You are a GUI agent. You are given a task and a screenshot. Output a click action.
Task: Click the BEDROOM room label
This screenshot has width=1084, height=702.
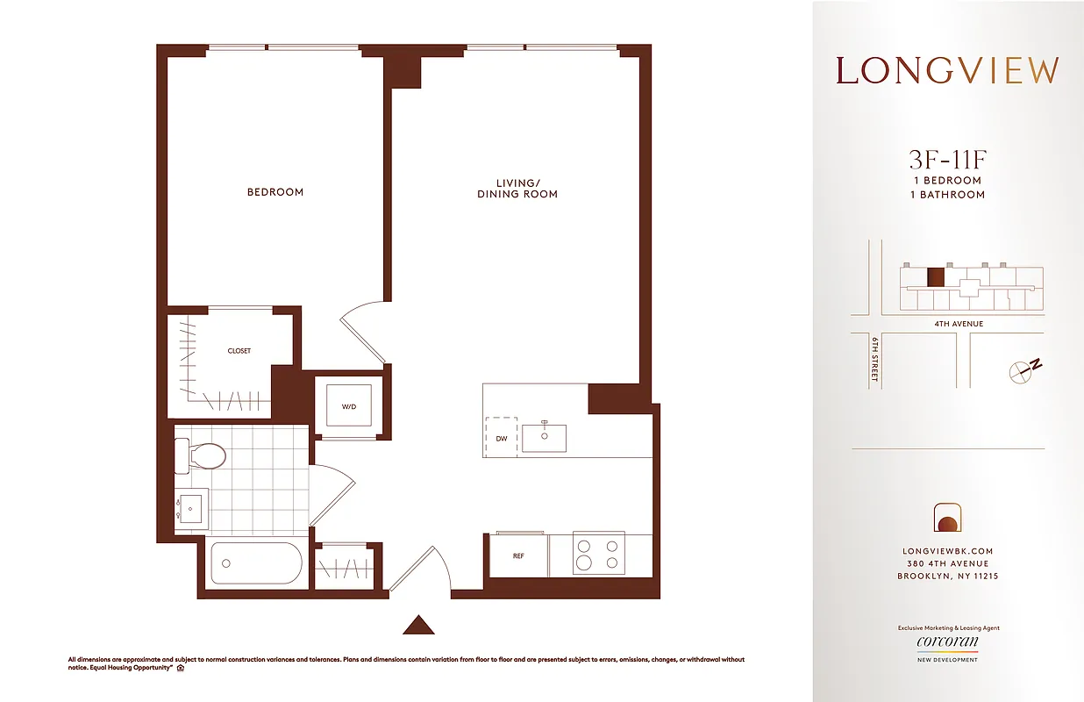tap(275, 192)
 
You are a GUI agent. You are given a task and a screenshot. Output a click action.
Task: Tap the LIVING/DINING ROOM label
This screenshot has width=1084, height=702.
tap(517, 189)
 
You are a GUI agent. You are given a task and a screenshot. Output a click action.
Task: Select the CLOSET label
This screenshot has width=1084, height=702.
tap(239, 351)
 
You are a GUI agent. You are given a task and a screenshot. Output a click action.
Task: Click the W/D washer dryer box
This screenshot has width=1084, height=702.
tap(348, 406)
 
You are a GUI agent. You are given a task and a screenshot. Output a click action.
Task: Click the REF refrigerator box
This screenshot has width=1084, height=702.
tap(518, 555)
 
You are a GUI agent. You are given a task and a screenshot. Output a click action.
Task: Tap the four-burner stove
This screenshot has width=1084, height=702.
tap(598, 553)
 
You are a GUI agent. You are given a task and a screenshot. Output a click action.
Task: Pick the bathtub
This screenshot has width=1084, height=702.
tap(255, 563)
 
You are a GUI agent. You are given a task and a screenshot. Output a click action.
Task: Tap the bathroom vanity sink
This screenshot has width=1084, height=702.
tap(190, 509)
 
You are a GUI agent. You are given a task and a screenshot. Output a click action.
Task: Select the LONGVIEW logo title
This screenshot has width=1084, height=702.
tap(947, 70)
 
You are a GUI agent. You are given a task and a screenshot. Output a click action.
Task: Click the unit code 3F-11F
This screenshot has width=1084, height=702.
tap(947, 160)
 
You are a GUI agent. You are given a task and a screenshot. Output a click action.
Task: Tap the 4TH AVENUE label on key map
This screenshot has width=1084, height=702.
tap(959, 324)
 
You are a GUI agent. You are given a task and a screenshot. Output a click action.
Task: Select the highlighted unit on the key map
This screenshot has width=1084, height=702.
tap(936, 278)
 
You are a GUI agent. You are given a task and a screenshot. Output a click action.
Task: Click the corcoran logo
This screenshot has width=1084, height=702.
tap(947, 642)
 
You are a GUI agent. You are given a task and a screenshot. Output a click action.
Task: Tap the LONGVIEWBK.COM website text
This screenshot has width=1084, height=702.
tap(947, 551)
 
